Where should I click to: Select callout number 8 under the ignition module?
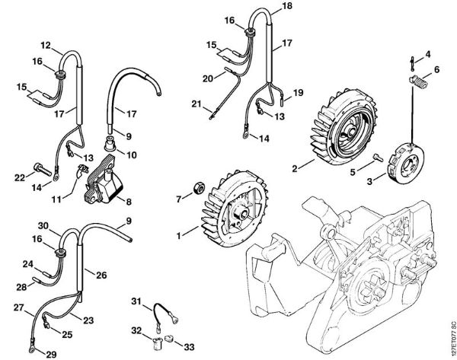[127, 202]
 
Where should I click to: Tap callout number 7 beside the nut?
[181, 199]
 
